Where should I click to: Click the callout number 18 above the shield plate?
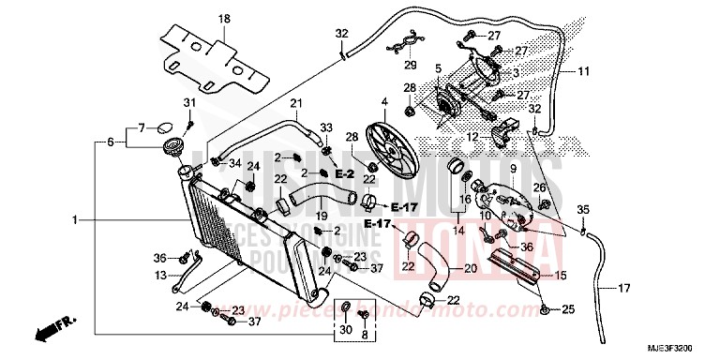pos(223,20)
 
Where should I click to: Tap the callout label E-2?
pos(343,174)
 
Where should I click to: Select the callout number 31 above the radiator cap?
pos(187,103)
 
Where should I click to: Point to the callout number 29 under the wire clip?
pos(409,65)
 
